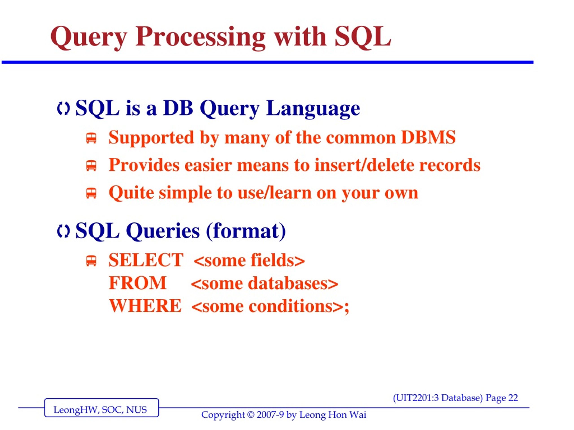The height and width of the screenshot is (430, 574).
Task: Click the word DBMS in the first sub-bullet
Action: (x=428, y=137)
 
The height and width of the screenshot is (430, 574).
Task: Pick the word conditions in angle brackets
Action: (x=291, y=306)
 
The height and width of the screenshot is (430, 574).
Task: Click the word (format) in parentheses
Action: (x=246, y=231)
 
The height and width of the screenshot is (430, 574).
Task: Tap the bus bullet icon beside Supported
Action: (x=91, y=138)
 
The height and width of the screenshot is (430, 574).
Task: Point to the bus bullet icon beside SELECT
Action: (x=91, y=261)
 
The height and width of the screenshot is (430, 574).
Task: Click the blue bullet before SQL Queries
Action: (x=63, y=231)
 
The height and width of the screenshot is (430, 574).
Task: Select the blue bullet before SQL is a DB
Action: (x=63, y=109)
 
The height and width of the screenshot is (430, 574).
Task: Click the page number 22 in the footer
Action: (x=513, y=398)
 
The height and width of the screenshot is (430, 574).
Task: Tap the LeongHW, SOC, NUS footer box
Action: (x=102, y=407)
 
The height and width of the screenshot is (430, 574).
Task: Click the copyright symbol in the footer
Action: (x=251, y=415)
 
